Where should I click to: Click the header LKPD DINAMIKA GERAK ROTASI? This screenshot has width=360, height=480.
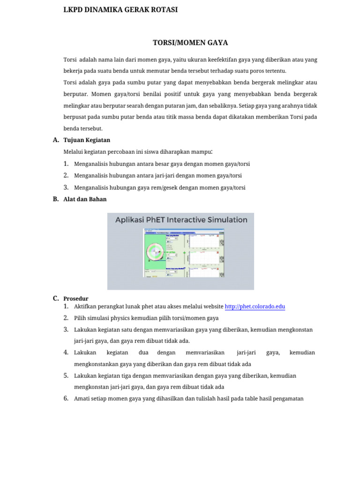pyautogui.click(x=120, y=9)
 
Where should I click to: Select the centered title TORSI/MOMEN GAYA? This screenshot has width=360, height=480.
pyautogui.click(x=190, y=43)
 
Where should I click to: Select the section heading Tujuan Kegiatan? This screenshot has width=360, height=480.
pyautogui.click(x=87, y=140)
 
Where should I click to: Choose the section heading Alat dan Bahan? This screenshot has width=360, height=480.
pyautogui.click(x=85, y=199)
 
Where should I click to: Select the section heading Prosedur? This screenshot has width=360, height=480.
pyautogui.click(x=75, y=299)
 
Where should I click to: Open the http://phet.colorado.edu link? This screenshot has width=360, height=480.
pyautogui.click(x=255, y=307)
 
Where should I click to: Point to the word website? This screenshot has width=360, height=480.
pyautogui.click(x=213, y=307)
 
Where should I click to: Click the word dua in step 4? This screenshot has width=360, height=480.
pyautogui.click(x=143, y=352)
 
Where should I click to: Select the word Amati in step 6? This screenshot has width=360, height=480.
pyautogui.click(x=82, y=399)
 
